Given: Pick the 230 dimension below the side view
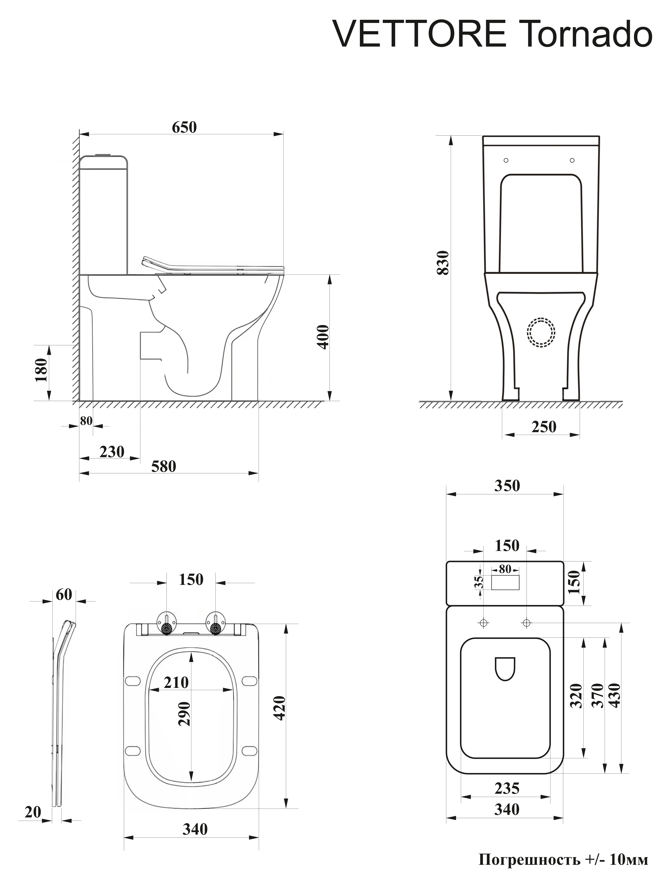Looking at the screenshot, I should pos(112,452).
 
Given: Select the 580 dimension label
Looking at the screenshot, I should pos(163,466).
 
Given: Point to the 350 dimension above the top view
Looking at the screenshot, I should pos(507,486).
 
